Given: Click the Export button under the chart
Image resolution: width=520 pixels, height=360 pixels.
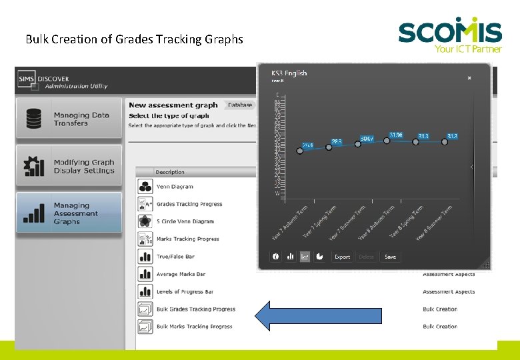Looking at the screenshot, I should (342, 257).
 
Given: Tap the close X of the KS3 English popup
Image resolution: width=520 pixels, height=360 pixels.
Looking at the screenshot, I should (469, 78).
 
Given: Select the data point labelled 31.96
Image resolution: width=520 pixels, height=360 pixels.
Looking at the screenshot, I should (387, 141).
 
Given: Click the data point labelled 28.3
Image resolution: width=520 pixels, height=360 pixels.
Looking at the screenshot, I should (329, 147).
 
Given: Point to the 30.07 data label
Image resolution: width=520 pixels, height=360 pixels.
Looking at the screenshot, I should (367, 139).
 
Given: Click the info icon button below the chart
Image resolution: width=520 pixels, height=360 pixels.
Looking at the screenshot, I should (276, 257).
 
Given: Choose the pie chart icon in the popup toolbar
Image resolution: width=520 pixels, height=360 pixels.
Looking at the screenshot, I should (320, 257).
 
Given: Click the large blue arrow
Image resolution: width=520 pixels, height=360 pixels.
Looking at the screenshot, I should (318, 315).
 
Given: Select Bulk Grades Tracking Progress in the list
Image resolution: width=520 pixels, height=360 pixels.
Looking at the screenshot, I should (196, 309).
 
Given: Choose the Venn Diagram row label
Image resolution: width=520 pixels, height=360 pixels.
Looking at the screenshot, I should (175, 187).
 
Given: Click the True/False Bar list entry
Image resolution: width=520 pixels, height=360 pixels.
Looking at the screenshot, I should (175, 257).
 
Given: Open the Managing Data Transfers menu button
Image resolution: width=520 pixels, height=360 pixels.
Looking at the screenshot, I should (69, 119).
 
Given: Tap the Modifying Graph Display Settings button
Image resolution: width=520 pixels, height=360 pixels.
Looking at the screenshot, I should (69, 166).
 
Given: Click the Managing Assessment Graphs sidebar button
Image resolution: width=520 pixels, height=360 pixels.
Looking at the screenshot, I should (69, 213).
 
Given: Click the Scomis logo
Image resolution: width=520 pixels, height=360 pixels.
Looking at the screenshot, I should (450, 33).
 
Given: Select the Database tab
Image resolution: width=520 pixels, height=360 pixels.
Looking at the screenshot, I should (240, 105).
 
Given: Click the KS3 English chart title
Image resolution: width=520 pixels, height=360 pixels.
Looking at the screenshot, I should (289, 73).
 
